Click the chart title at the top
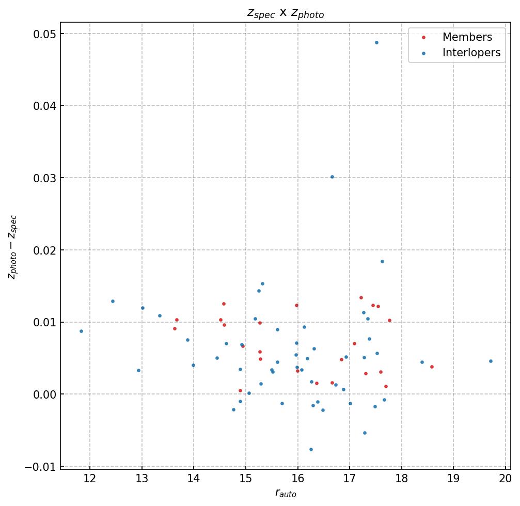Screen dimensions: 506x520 [286, 14]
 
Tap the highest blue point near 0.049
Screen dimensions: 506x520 [376, 42]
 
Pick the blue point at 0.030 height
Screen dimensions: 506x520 [332, 177]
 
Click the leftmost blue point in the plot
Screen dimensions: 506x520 [81, 331]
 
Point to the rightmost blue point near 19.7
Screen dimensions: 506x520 [491, 361]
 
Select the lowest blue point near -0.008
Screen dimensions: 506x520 [311, 449]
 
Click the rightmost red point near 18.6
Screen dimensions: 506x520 [432, 367]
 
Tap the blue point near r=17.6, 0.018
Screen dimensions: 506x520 [382, 261]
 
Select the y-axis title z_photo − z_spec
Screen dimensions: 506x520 [12, 247]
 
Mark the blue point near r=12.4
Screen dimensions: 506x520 [113, 301]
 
